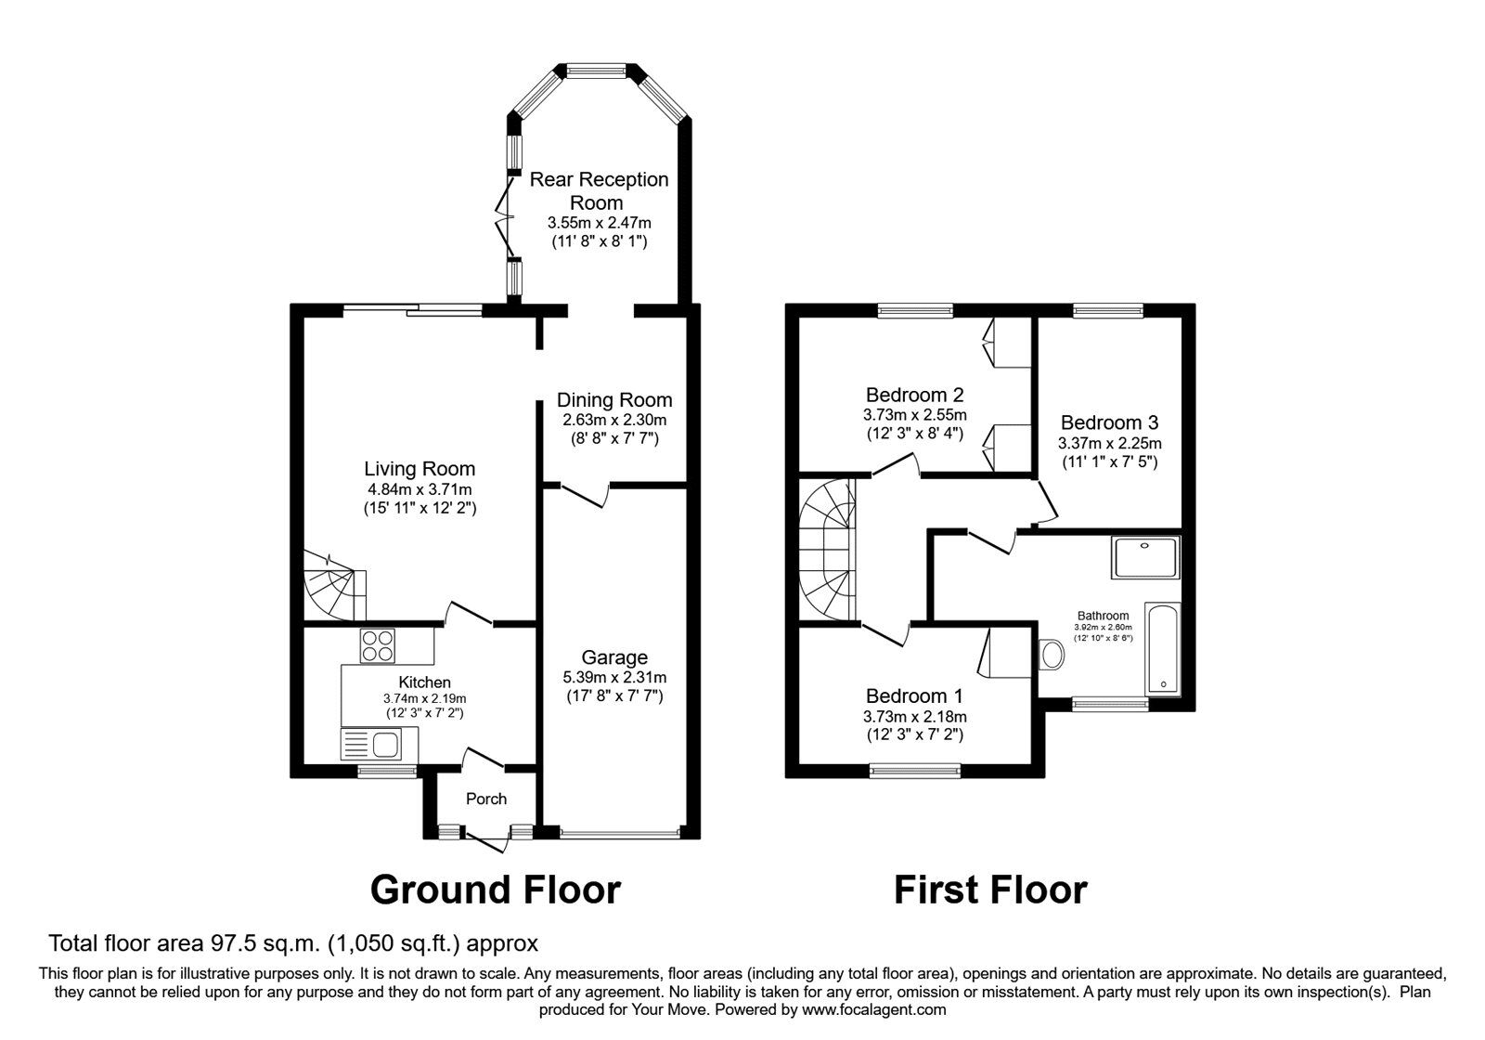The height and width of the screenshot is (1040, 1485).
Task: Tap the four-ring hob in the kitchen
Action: pyautogui.click(x=377, y=645)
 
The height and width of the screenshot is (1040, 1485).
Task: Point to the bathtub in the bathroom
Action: pyautogui.click(x=1163, y=648)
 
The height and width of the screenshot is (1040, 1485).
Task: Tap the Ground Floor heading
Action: pyautogui.click(x=495, y=890)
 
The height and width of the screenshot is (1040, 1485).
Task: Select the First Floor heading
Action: pyautogui.click(x=989, y=890)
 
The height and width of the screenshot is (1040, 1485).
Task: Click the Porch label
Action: pyautogui.click(x=486, y=799)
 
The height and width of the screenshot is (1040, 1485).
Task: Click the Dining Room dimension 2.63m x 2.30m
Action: pyautogui.click(x=613, y=420)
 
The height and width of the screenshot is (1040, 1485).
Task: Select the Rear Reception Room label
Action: pyautogui.click(x=599, y=190)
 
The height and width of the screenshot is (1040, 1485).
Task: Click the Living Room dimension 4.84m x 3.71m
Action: pyautogui.click(x=420, y=489)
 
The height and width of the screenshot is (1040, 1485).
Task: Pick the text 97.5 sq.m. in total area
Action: pyautogui.click(x=263, y=944)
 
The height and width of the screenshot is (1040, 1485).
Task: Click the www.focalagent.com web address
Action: pyautogui.click(x=873, y=1009)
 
